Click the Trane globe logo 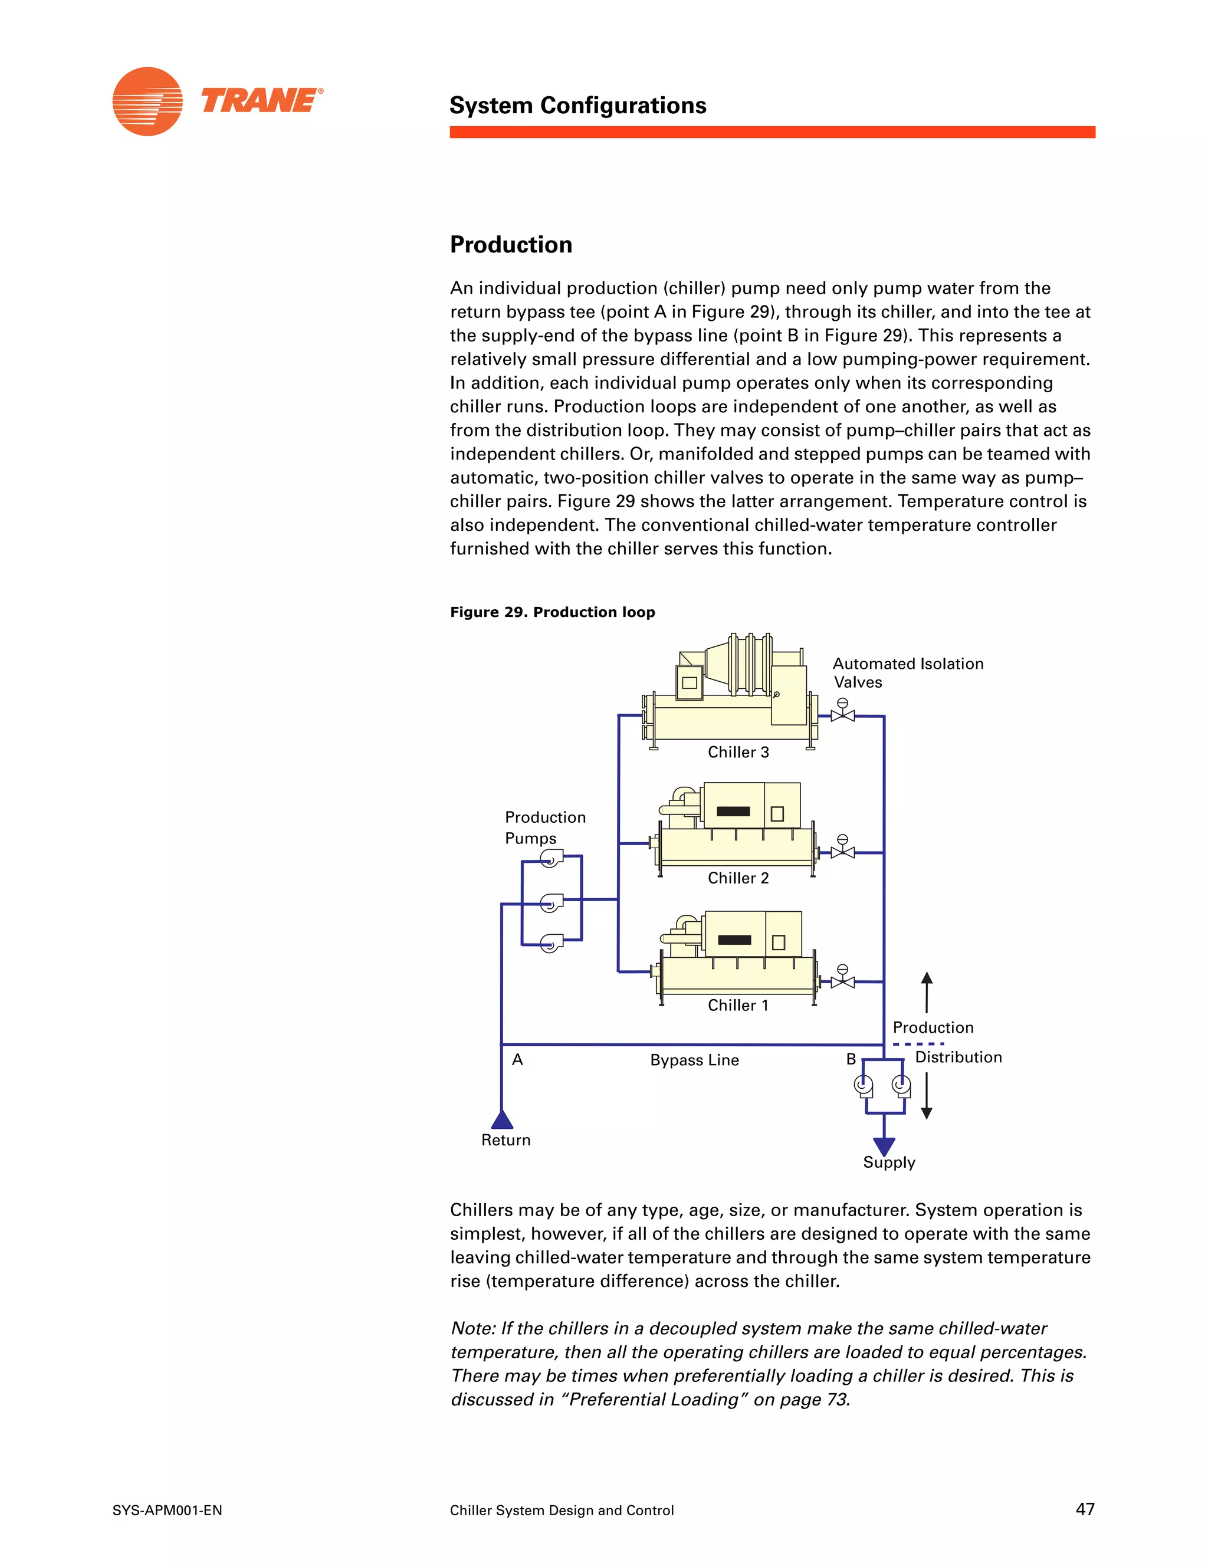(147, 101)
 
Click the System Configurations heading (577, 106)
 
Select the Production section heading (511, 245)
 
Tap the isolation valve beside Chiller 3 (842, 714)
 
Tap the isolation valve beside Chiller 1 (842, 980)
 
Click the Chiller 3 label (738, 752)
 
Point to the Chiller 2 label (738, 878)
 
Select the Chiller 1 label (738, 1006)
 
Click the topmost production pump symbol (550, 859)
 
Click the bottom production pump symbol (550, 943)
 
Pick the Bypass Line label (694, 1060)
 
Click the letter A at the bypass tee (517, 1060)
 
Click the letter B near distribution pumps (851, 1059)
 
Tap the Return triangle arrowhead (502, 1120)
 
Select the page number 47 (1085, 1509)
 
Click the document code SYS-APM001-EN (168, 1511)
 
